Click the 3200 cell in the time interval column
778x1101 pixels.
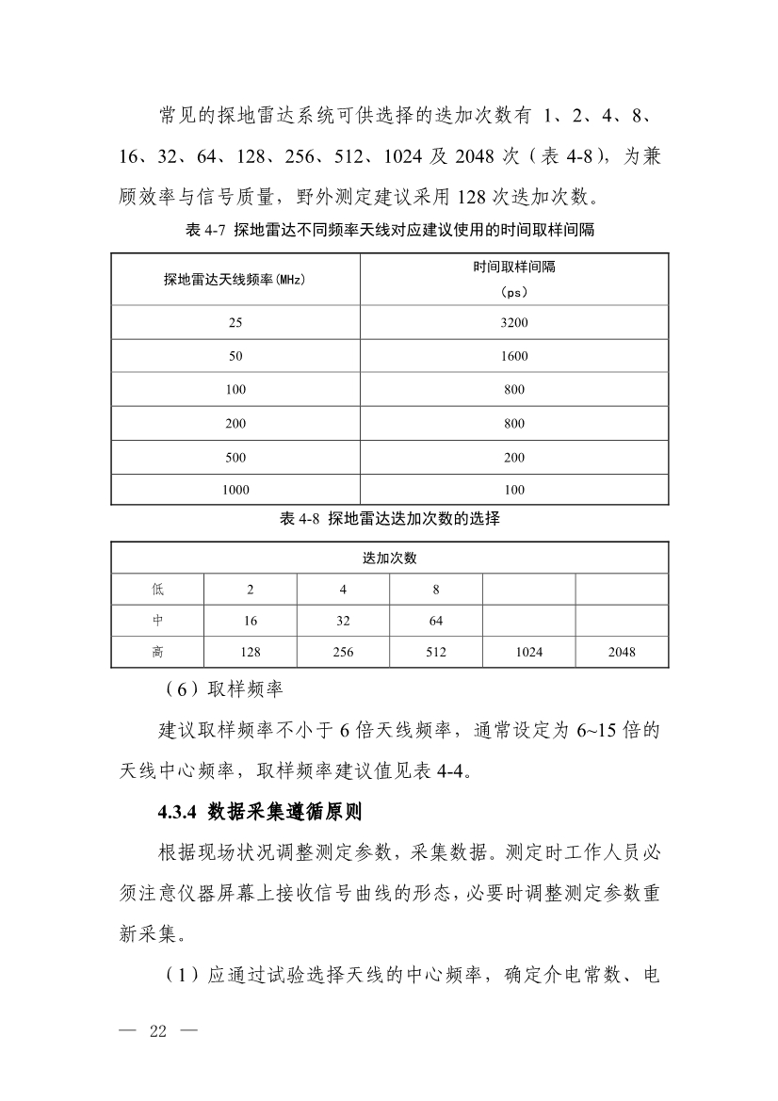514,322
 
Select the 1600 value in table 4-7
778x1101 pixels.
514,356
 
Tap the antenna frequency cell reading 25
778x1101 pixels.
235,322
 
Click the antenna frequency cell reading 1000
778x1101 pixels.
235,490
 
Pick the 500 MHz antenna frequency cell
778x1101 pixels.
235,457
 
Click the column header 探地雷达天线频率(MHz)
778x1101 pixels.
235,279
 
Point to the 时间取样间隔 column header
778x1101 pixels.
514,267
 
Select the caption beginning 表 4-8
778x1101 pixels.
390,519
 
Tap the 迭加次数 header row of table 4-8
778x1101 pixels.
390,558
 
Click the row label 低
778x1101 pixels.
157,590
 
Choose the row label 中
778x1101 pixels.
157,621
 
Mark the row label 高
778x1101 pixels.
157,652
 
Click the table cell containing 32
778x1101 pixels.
343,621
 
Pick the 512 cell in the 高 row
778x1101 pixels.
435,652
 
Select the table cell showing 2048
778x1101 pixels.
622,652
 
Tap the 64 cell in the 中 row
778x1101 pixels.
435,621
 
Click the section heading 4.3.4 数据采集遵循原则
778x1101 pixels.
261,810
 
